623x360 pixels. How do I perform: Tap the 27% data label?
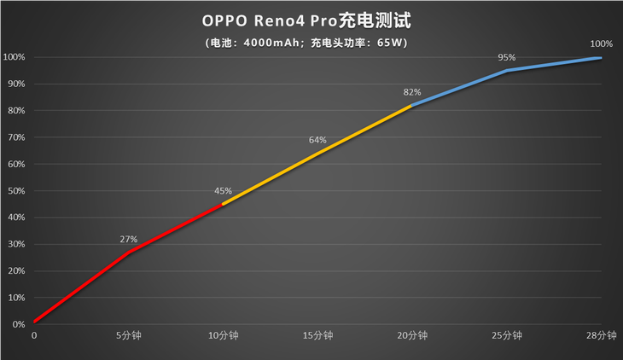pyautogui.click(x=128, y=240)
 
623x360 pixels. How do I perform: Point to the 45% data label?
pyautogui.click(x=224, y=191)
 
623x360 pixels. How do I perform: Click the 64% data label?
pyautogui.click(x=317, y=140)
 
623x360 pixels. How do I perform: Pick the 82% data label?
pyautogui.click(x=412, y=91)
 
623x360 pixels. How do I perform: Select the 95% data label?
pyautogui.click(x=507, y=57)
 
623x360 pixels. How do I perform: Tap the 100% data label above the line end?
pyautogui.click(x=601, y=44)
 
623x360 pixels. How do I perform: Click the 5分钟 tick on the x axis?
pyautogui.click(x=129, y=336)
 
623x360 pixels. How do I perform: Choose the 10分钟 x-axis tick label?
pyautogui.click(x=224, y=336)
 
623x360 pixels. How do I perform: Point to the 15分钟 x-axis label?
pyautogui.click(x=318, y=336)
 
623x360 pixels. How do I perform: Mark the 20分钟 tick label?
pyautogui.click(x=413, y=336)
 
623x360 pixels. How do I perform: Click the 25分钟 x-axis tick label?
pyautogui.click(x=508, y=336)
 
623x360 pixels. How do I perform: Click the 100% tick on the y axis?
pyautogui.click(x=14, y=57)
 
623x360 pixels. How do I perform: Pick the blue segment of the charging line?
pyautogui.click(x=507, y=71)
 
